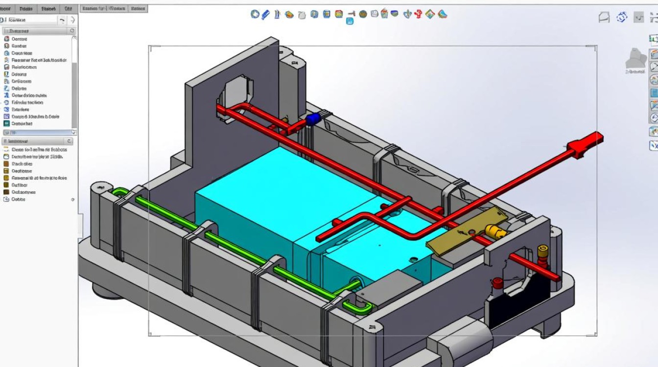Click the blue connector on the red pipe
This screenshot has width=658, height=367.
point(313,119)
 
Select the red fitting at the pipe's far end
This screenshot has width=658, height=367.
point(586,144)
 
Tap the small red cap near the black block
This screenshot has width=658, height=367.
point(497,282)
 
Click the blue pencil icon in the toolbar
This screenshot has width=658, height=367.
point(266,14)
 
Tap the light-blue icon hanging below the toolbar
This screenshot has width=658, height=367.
point(350,21)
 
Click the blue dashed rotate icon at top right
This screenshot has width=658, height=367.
point(622,18)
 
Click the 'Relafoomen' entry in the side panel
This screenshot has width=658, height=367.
point(24,67)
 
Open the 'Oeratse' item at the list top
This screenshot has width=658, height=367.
point(19,39)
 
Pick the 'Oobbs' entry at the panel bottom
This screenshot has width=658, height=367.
point(18,199)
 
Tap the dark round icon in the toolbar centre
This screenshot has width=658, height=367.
point(363,14)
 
